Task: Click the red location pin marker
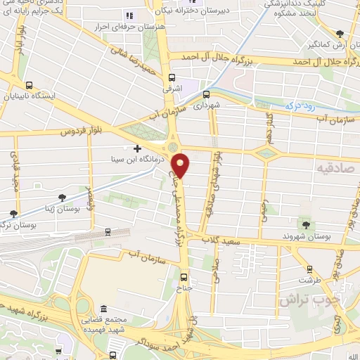pyautogui.click(x=182, y=164)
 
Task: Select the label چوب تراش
pyautogui.click(x=309, y=299)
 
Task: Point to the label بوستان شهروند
pyautogui.click(x=307, y=237)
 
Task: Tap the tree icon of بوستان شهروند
pyautogui.click(x=307, y=225)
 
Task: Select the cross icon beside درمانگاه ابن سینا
pyautogui.click(x=137, y=148)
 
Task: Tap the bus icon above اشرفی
pyautogui.click(x=172, y=79)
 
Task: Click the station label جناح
pyautogui.click(x=184, y=288)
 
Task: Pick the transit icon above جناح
pyautogui.click(x=184, y=277)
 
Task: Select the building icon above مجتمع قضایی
pyautogui.click(x=103, y=309)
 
